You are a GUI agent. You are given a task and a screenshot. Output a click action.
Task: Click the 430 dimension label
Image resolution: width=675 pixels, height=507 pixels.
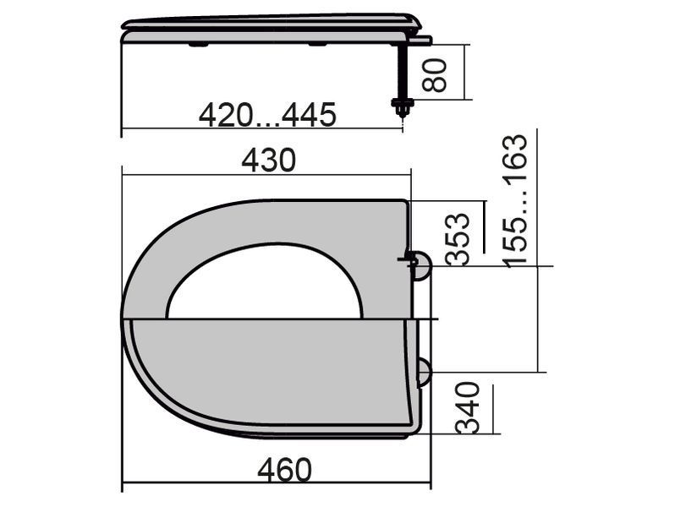pyautogui.click(x=269, y=160)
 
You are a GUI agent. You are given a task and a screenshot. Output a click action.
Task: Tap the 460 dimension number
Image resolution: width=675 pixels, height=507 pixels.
pyautogui.click(x=284, y=470)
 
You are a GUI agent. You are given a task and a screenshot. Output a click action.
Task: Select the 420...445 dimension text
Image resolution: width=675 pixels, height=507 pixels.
pyautogui.click(x=267, y=115)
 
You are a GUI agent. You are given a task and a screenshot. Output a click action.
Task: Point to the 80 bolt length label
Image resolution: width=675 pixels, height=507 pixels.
pyautogui.click(x=435, y=75)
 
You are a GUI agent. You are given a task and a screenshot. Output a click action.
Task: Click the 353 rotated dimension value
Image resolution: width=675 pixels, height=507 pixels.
pyautogui.click(x=457, y=238)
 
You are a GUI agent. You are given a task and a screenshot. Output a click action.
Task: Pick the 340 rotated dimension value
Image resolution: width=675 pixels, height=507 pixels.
pyautogui.click(x=468, y=407)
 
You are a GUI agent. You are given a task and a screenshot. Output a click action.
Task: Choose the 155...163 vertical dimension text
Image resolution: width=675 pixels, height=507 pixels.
pyautogui.click(x=516, y=201)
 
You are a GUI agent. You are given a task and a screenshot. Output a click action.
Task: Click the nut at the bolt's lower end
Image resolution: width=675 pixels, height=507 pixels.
pyautogui.click(x=402, y=106)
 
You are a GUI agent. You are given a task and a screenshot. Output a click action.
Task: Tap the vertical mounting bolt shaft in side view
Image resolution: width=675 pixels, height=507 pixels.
pyautogui.click(x=403, y=71)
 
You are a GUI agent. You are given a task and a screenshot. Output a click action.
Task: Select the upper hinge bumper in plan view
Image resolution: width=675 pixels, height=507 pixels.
pyautogui.click(x=421, y=266)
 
